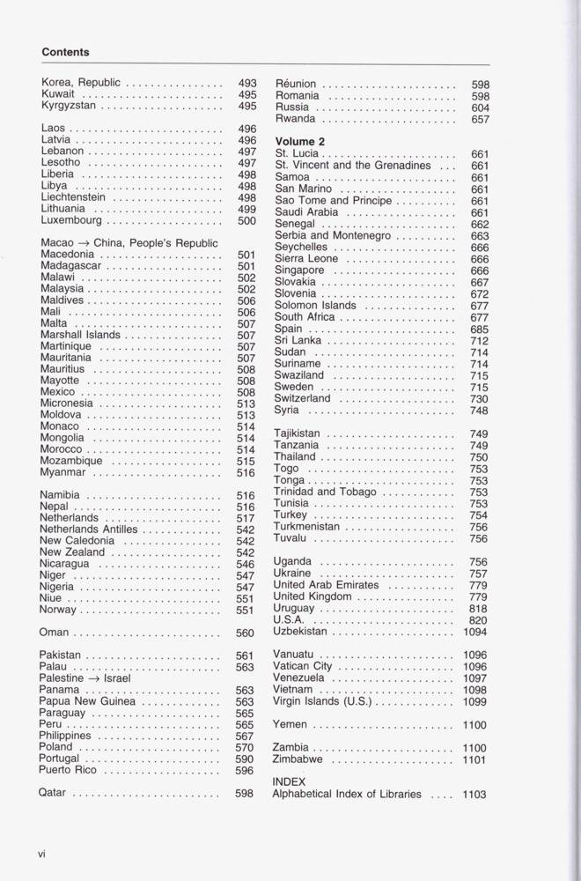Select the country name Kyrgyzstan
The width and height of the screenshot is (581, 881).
pos(69,106)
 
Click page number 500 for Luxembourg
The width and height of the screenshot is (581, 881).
pos(246,221)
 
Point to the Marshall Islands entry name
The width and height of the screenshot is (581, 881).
pos(81,335)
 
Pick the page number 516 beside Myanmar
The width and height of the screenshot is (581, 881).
pos(246,473)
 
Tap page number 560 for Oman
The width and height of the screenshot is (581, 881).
pos(246,633)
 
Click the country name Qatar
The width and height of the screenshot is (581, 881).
pos(53,792)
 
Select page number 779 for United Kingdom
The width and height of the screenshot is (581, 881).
pos(479,597)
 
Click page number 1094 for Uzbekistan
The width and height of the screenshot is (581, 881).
pos(475,632)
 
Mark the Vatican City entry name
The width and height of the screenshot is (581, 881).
pos(304,666)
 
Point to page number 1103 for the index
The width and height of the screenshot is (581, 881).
pos(474,795)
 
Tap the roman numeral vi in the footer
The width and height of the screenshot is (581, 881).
pos(41,853)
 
